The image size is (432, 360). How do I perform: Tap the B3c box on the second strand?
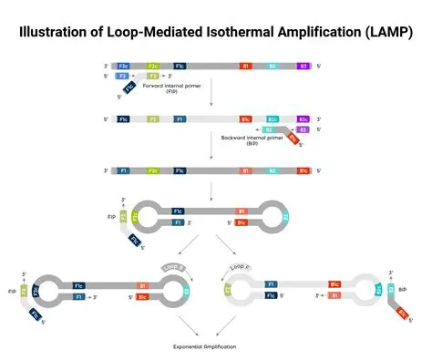[303, 118]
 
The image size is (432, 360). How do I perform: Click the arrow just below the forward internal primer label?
[211, 101]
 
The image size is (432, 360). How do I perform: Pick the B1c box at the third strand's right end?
[303, 170]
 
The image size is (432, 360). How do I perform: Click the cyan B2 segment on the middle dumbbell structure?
[285, 217]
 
